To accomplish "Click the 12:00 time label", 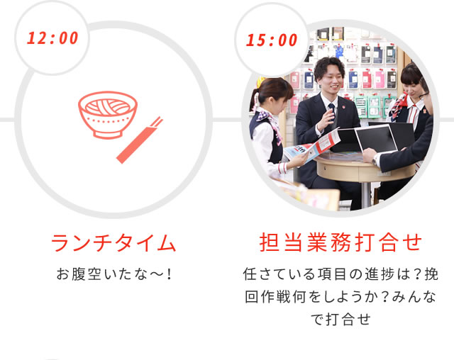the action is pyautogui.click(x=52, y=38).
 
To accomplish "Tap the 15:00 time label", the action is pyautogui.click(x=272, y=40).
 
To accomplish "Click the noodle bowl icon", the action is pyautogui.click(x=108, y=115).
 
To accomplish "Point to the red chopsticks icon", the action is pyautogui.click(x=140, y=140).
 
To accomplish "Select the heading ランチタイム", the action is pyautogui.click(x=113, y=242).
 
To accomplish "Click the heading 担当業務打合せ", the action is pyautogui.click(x=340, y=242).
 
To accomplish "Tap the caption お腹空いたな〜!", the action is pyautogui.click(x=114, y=274).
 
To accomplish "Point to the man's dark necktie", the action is pyautogui.click(x=332, y=111).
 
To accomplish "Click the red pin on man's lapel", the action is pyautogui.click(x=343, y=107).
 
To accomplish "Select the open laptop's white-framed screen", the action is pyautogui.click(x=376, y=139).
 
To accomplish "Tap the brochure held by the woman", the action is pyautogui.click(x=312, y=145).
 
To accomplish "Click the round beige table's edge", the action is pyautogui.click(x=365, y=171).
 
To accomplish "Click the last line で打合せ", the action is pyautogui.click(x=340, y=320).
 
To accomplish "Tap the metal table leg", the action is pyautogui.click(x=365, y=194).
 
